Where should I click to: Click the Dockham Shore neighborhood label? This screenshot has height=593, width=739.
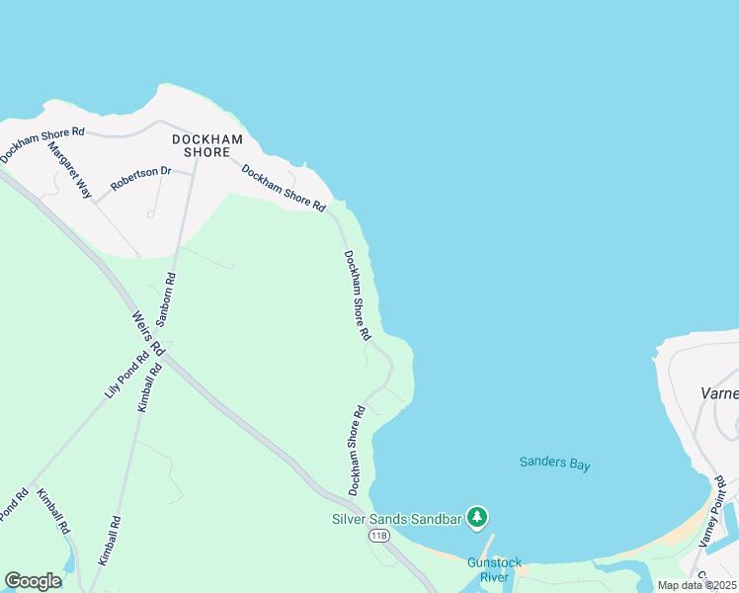coord(207,146)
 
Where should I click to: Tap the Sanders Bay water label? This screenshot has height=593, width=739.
coord(555,463)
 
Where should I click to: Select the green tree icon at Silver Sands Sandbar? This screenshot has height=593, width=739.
coord(477,516)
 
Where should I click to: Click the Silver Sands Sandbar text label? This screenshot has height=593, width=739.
coord(397,517)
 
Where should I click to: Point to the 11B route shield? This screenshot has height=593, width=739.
coord(378,535)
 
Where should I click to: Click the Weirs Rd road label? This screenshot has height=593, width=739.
coord(147,335)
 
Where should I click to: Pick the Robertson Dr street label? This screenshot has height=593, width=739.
coord(140,179)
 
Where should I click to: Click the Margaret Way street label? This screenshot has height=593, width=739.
coord(70,170)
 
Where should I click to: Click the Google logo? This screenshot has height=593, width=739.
coord(33,581)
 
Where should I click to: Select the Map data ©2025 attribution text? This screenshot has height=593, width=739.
coord(696,585)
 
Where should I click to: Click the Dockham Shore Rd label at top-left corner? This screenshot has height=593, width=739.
coord(41,144)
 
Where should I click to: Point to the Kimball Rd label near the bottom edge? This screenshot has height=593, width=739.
coord(109,540)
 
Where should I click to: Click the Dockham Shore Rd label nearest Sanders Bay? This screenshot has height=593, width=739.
coord(357,451)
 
